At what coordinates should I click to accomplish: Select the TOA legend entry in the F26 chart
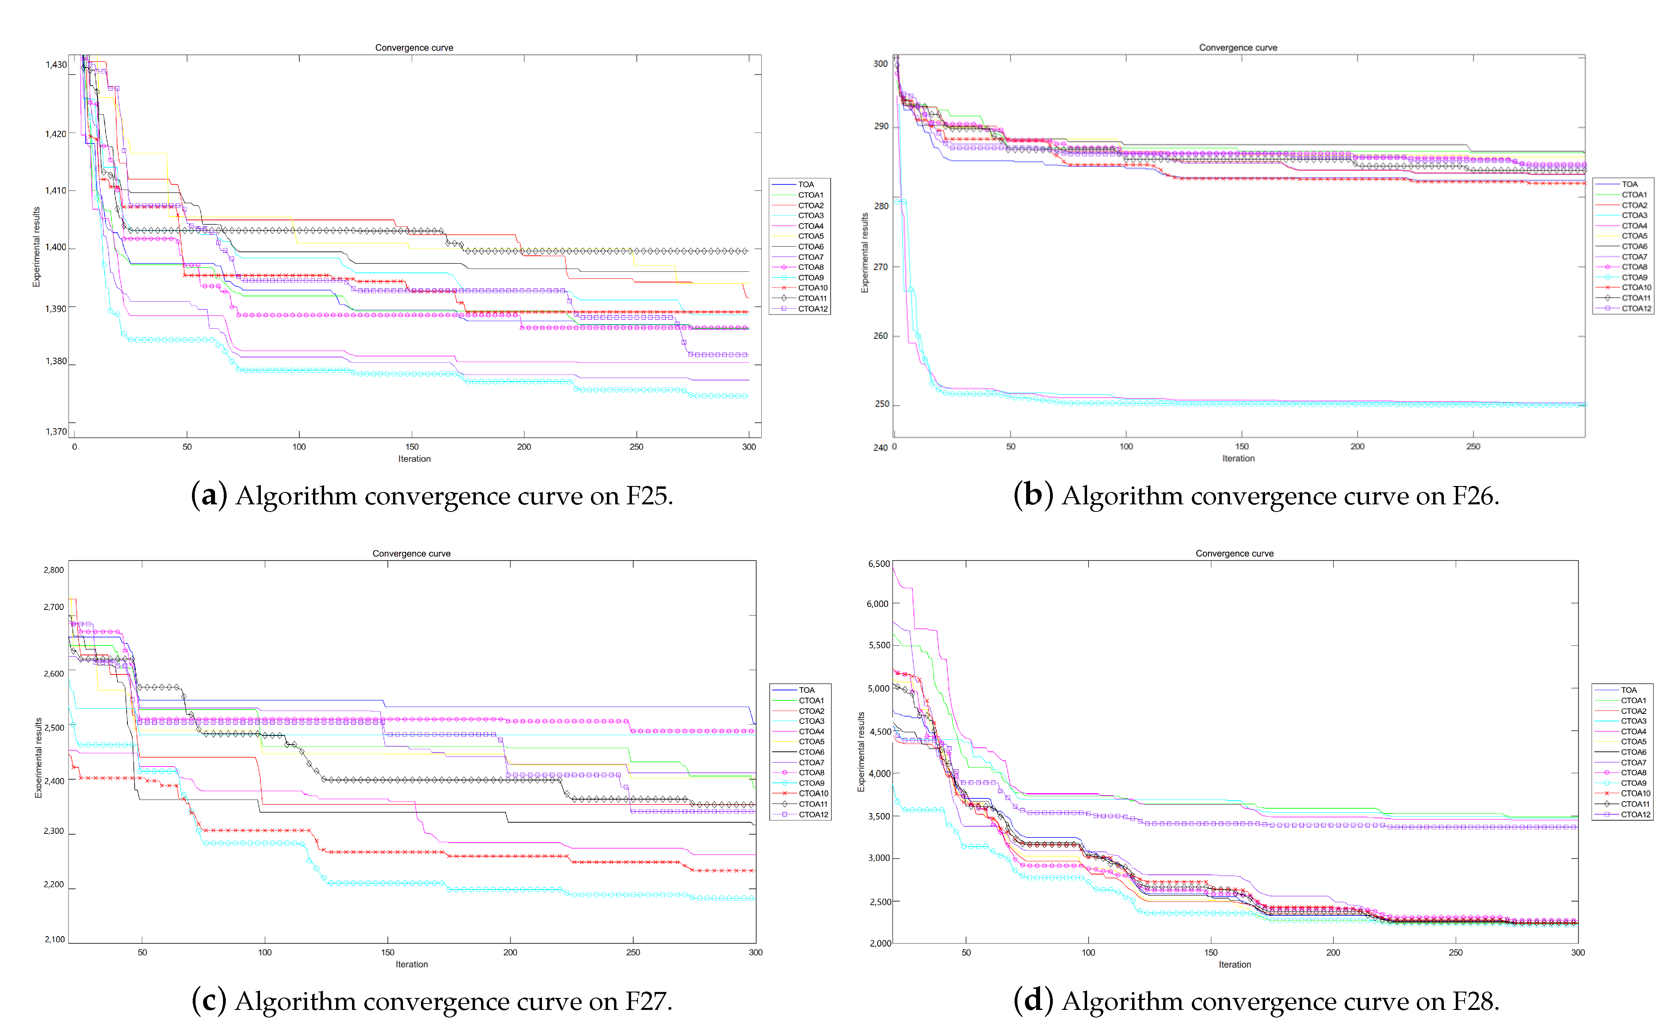pos(1629,184)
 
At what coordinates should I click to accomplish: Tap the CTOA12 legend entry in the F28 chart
pos(1635,815)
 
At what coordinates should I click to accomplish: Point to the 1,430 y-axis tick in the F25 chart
pos(56,65)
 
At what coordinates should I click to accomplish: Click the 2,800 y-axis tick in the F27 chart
pos(53,570)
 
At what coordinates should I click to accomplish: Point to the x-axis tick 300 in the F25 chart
pos(749,447)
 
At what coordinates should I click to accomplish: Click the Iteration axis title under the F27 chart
pos(412,964)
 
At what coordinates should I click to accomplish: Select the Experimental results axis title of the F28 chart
pos(861,752)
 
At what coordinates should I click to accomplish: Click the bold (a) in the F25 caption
pos(209,496)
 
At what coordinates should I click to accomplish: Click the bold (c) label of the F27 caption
pos(209,1002)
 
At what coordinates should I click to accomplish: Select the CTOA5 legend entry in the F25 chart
pos(810,236)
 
